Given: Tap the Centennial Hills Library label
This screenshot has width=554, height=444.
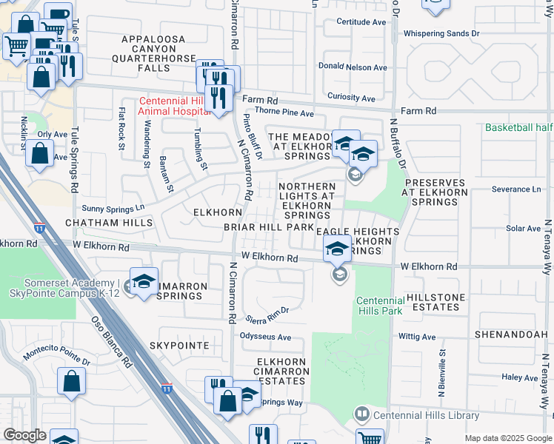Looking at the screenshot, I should click(426, 415).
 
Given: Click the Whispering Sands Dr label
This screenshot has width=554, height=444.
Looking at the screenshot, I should click(441, 33).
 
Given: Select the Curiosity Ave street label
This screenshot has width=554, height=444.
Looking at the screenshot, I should click(352, 98).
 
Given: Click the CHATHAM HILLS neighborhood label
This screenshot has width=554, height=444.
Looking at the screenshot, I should click(109, 222).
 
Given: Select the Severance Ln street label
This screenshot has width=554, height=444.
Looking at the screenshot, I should click(516, 189).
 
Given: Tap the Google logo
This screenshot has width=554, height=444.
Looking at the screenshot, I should click(24, 435).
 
